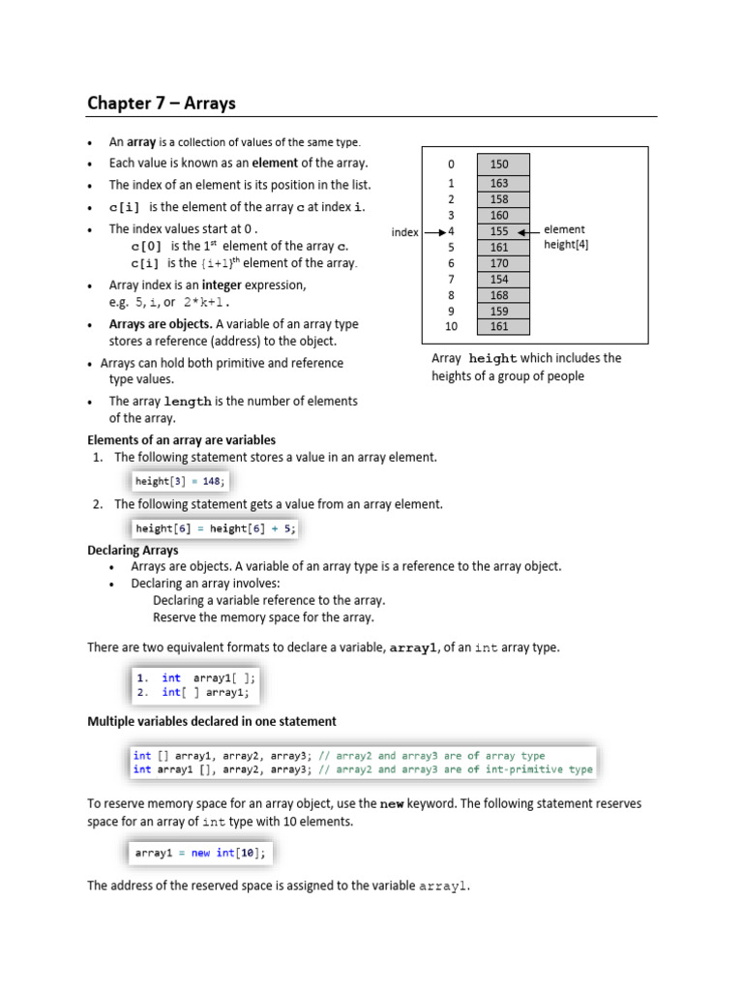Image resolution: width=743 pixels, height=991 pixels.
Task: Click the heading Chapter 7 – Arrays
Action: tap(162, 103)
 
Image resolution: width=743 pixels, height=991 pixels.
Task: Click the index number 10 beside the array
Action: tap(450, 327)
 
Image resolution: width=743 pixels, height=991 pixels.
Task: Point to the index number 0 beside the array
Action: tap(450, 165)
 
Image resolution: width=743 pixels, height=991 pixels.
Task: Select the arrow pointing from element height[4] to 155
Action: tap(526, 232)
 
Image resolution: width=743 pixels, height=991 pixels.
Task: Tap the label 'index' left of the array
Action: tap(404, 232)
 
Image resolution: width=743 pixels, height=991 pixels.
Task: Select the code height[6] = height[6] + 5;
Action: tap(216, 528)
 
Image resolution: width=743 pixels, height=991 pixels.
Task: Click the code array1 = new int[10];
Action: tap(200, 853)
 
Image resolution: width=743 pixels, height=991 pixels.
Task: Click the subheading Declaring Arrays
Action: tap(133, 550)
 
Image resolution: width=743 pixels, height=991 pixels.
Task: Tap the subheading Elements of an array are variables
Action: tap(182, 439)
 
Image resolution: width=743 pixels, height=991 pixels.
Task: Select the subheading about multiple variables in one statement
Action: tap(212, 721)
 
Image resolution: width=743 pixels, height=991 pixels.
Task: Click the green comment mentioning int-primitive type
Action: tap(454, 770)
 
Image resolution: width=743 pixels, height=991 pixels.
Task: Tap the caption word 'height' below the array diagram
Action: tap(493, 359)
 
